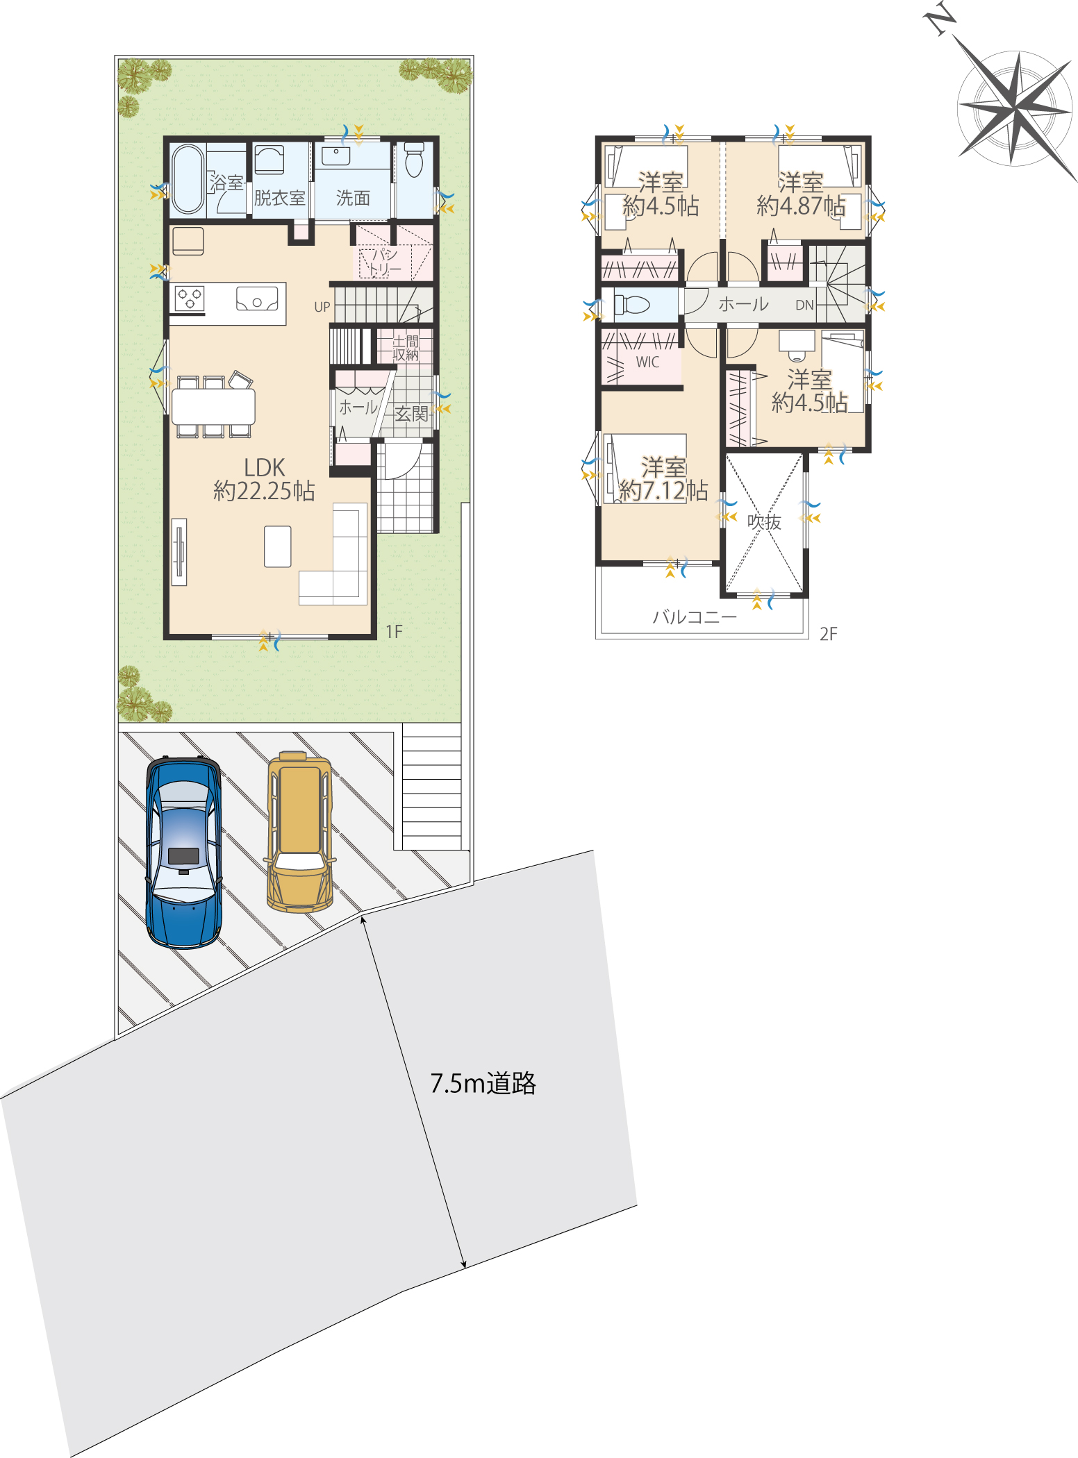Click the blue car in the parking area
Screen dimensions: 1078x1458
click(183, 853)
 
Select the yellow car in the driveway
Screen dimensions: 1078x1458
click(300, 832)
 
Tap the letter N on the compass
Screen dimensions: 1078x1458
click(940, 19)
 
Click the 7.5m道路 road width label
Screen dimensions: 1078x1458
click(483, 1083)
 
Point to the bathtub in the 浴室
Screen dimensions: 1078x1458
click(188, 178)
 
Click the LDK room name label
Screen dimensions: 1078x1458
click(265, 467)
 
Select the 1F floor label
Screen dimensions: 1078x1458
click(394, 632)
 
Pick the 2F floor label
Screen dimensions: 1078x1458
click(829, 634)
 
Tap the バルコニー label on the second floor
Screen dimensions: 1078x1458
click(695, 617)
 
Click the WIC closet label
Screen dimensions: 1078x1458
click(647, 362)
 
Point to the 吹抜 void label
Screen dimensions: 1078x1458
click(764, 521)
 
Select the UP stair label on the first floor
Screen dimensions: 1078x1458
click(322, 307)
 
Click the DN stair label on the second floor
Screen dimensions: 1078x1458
click(804, 305)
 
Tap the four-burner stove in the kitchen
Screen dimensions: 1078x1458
click(190, 299)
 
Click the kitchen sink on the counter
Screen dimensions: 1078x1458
click(257, 299)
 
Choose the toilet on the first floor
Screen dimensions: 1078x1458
click(414, 160)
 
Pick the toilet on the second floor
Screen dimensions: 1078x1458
click(632, 304)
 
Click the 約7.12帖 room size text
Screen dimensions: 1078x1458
click(663, 491)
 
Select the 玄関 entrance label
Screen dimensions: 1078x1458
click(411, 414)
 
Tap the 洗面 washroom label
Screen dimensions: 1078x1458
click(353, 198)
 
